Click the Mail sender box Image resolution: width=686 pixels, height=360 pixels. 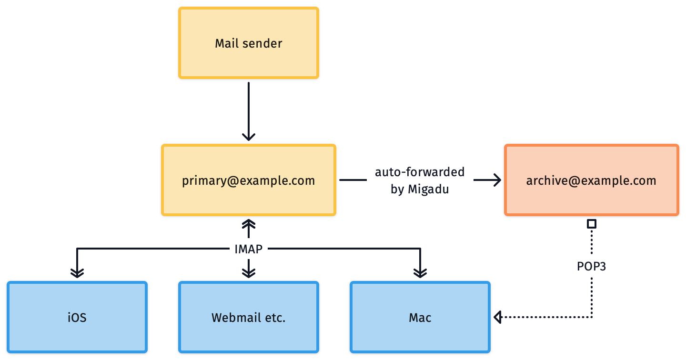[x=248, y=43]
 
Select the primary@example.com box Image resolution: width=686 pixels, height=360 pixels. [x=248, y=180]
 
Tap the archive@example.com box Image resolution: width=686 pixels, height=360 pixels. [x=591, y=180]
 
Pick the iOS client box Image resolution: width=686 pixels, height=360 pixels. [x=77, y=317]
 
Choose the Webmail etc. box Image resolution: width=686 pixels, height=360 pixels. [x=248, y=317]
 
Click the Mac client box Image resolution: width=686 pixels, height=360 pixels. [x=420, y=317]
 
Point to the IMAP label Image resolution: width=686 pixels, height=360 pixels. [x=249, y=249]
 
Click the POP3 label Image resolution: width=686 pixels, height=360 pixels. [x=591, y=267]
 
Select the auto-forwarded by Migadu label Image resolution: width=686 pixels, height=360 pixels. [x=420, y=180]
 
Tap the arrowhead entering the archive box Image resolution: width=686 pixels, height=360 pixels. [x=498, y=180]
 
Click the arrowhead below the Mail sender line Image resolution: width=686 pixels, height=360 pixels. [x=248, y=137]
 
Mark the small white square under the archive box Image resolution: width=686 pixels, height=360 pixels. [x=591, y=223]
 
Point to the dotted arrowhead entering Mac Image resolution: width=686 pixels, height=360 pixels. [x=498, y=317]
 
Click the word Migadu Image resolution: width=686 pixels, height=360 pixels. [x=428, y=189]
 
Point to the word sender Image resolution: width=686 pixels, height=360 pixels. [x=262, y=43]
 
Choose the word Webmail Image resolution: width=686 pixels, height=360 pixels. [x=235, y=318]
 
